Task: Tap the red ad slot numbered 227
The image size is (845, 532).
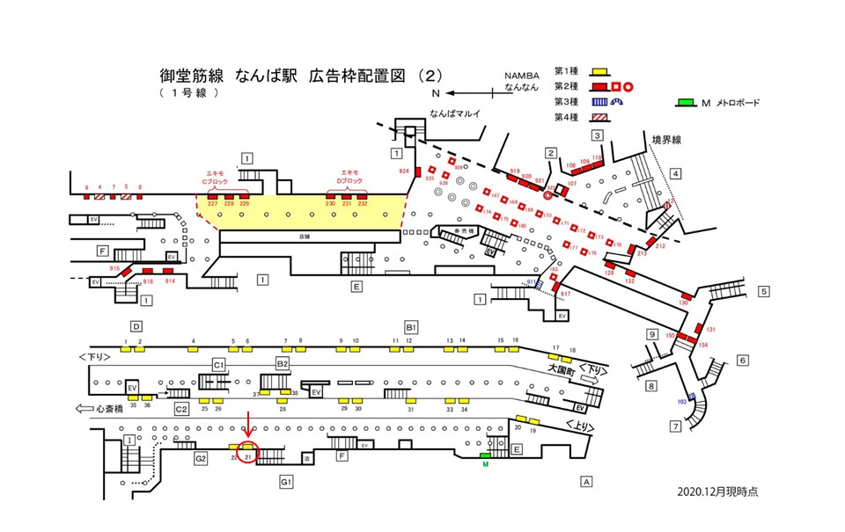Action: click(x=212, y=196)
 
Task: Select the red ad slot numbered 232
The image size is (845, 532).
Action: click(x=363, y=196)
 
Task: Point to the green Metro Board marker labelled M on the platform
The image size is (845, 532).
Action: click(x=484, y=456)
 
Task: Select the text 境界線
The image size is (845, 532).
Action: click(x=667, y=139)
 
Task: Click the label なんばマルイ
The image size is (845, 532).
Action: click(x=455, y=113)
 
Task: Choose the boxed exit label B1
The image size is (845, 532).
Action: click(x=411, y=326)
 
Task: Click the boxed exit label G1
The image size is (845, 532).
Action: click(x=286, y=482)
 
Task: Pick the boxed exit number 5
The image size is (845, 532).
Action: click(x=765, y=291)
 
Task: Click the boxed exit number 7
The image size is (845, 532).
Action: click(x=676, y=426)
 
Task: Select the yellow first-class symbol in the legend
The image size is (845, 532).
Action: click(x=598, y=70)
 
